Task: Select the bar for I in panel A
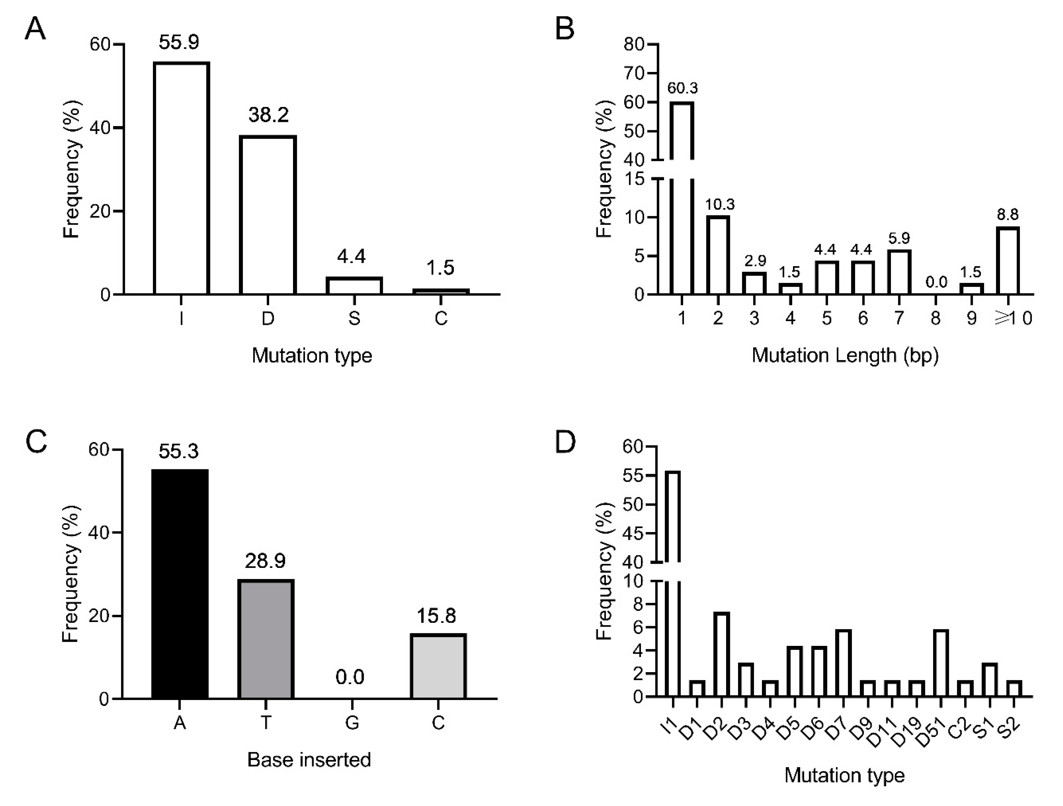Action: click(x=181, y=178)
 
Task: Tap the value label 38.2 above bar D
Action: click(x=268, y=115)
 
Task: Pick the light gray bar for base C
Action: click(x=438, y=666)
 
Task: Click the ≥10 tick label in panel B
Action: click(x=1013, y=318)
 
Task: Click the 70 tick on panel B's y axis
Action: click(x=634, y=73)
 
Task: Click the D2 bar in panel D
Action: click(x=722, y=655)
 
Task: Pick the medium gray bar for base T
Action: click(x=265, y=639)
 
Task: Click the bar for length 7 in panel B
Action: click(x=899, y=272)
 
